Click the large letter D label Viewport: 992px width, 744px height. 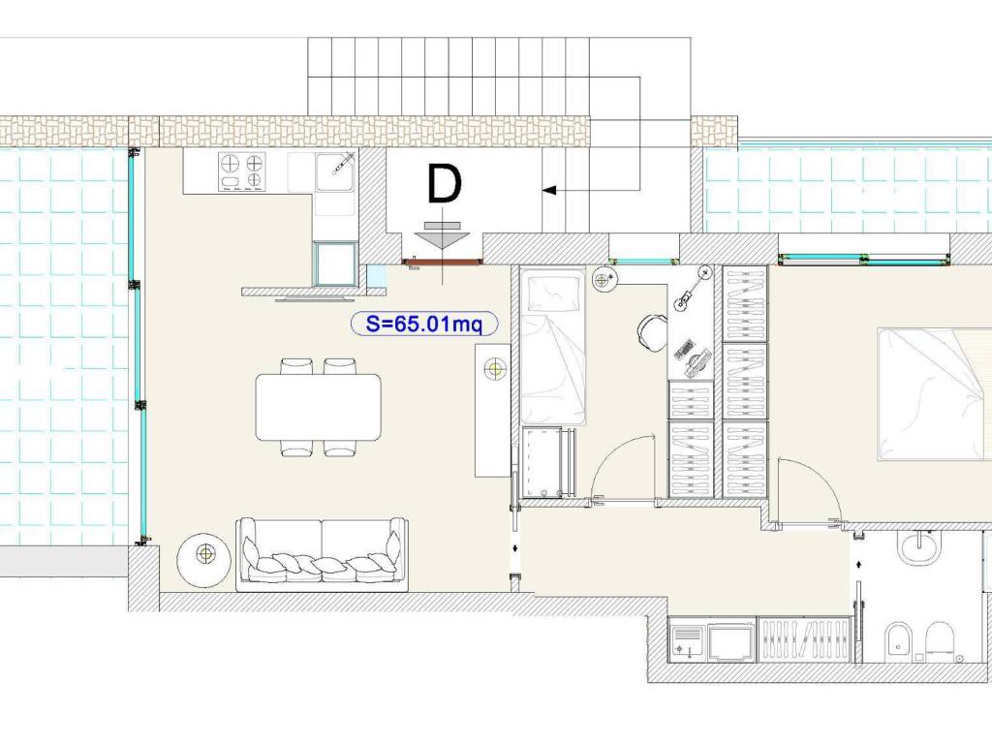pyautogui.click(x=445, y=184)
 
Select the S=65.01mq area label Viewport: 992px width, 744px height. pyautogui.click(x=424, y=324)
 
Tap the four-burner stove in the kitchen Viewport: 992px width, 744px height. pyautogui.click(x=241, y=171)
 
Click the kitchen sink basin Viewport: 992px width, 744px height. pyautogui.click(x=334, y=171)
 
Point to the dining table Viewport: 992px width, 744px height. pyautogui.click(x=318, y=407)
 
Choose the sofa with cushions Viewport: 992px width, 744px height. pyautogui.click(x=322, y=555)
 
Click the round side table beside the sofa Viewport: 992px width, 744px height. pyautogui.click(x=203, y=555)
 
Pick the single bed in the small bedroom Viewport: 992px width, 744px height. pyautogui.click(x=552, y=346)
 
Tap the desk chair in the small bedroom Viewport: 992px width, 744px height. pyautogui.click(x=652, y=331)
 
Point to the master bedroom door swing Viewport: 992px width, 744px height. pyautogui.click(x=818, y=475)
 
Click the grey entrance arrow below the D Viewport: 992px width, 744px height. pyautogui.click(x=442, y=240)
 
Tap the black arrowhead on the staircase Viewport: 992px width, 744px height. pyautogui.click(x=549, y=190)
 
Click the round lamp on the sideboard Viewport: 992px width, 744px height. pyautogui.click(x=495, y=368)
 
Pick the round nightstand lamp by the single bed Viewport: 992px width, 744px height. pyautogui.click(x=604, y=279)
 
